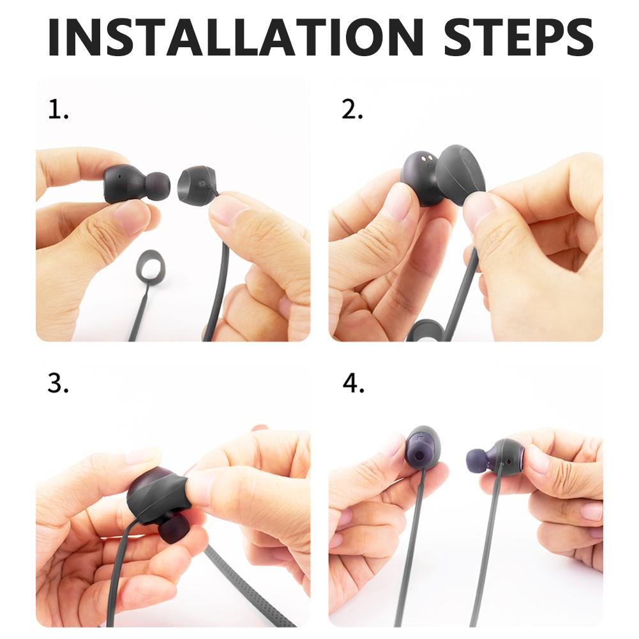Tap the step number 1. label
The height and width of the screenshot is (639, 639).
point(58,110)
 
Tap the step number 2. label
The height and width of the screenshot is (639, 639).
point(352,110)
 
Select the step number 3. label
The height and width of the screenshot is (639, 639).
point(58,384)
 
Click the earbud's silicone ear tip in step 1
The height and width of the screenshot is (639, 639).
point(157,185)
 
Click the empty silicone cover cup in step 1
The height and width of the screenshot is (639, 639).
point(194,185)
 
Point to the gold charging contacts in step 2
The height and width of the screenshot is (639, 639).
point(426,157)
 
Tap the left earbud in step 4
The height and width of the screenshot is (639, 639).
point(422,447)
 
